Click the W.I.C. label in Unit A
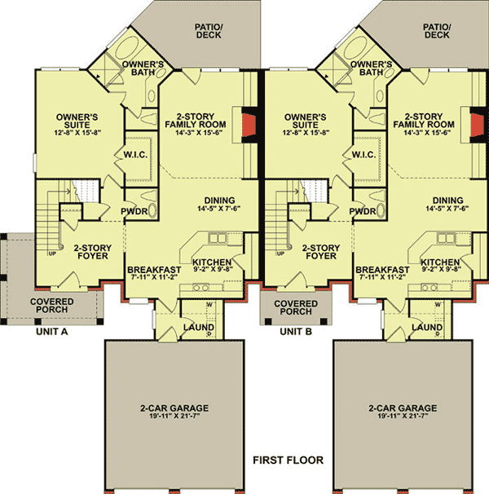tap(134, 155)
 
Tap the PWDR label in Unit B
tap(363, 211)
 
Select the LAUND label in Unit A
tap(198, 327)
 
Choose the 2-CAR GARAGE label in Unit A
tap(173, 408)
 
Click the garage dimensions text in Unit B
tap(402, 417)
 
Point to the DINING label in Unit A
tap(220, 201)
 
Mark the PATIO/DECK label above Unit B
tap(437, 30)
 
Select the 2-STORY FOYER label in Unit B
tap(320, 251)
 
